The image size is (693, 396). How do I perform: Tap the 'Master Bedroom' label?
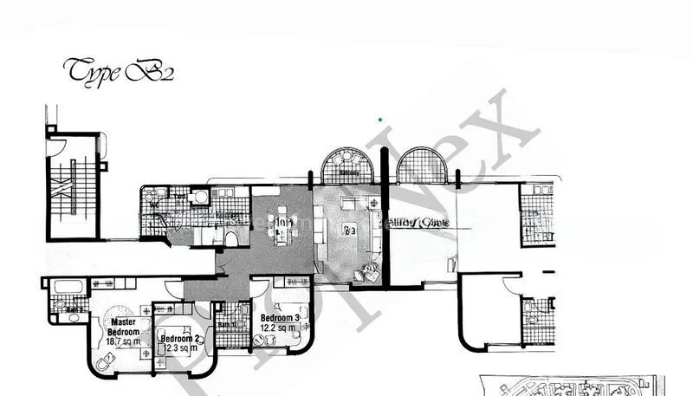click(x=120, y=326)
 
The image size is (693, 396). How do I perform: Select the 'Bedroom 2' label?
click(x=179, y=338)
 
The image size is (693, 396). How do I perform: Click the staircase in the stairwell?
click(x=72, y=186)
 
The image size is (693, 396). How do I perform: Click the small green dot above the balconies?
click(x=380, y=119)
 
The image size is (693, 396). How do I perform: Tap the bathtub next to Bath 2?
click(x=66, y=285)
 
